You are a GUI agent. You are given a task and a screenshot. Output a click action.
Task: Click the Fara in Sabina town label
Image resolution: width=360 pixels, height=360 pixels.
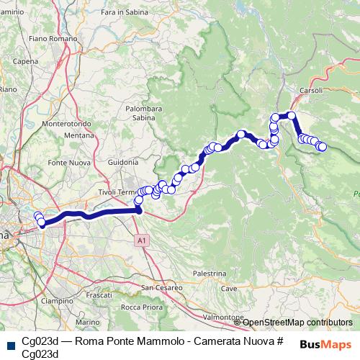point(119,33)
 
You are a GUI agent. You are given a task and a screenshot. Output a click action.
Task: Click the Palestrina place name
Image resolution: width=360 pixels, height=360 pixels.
point(210,274)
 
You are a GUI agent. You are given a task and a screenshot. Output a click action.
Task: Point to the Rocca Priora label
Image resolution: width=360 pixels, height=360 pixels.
point(141,307)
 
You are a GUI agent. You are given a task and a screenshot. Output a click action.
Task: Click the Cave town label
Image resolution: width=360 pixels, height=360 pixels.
point(229,288)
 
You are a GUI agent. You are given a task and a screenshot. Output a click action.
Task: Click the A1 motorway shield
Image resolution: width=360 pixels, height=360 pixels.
point(142,240)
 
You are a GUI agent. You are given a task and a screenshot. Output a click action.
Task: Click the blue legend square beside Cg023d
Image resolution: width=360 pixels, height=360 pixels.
point(9,342)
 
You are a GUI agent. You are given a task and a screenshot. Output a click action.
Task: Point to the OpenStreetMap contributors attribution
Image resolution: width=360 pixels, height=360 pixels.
point(297,323)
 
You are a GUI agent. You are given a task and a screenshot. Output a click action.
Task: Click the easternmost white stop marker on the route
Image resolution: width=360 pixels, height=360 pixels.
point(323,147)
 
